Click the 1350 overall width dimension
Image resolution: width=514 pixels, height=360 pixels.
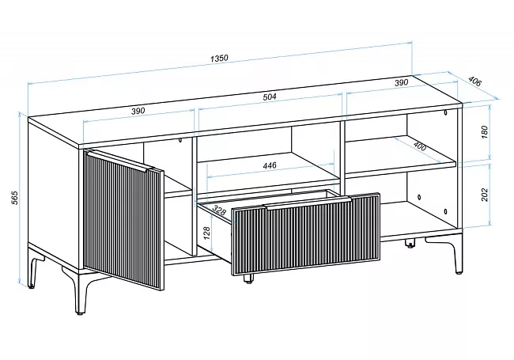click(x=219, y=59)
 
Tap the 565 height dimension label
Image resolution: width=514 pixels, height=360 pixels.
click(x=15, y=197)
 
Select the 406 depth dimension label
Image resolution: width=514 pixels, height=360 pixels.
click(x=474, y=81)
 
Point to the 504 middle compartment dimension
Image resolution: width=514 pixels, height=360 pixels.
click(x=270, y=97)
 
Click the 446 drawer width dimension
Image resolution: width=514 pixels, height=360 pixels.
click(x=270, y=165)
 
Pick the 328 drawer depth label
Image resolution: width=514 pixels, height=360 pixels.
click(x=218, y=210)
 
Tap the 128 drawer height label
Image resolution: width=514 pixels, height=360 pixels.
click(x=207, y=233)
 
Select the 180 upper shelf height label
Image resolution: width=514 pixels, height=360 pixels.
click(x=485, y=131)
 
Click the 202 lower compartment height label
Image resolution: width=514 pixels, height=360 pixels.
click(x=485, y=195)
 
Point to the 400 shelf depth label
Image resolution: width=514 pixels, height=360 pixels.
click(x=420, y=146)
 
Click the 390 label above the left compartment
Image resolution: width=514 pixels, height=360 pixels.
click(x=138, y=111)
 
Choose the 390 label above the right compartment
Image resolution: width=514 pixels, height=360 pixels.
click(x=401, y=82)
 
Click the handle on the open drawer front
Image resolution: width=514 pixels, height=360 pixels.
click(x=308, y=203)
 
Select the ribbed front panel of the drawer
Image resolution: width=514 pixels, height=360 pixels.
click(x=306, y=234)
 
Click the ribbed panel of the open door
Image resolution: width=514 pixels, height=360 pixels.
click(x=123, y=220)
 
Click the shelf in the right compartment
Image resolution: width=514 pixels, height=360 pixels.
click(x=401, y=157)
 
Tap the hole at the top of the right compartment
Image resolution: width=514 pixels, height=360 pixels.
click(x=445, y=113)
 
